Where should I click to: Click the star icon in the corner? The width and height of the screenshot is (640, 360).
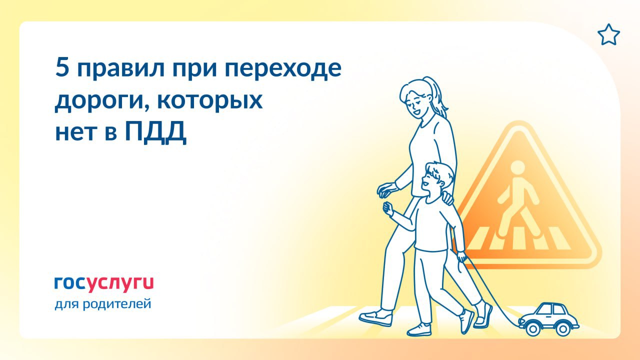608,35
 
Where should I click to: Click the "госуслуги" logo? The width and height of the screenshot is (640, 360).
104,283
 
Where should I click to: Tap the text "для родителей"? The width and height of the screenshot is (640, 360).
102,303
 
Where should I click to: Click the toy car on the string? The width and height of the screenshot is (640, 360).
549,316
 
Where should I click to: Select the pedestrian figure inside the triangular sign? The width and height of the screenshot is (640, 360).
517,200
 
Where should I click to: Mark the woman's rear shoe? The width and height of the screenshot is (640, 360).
375,317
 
